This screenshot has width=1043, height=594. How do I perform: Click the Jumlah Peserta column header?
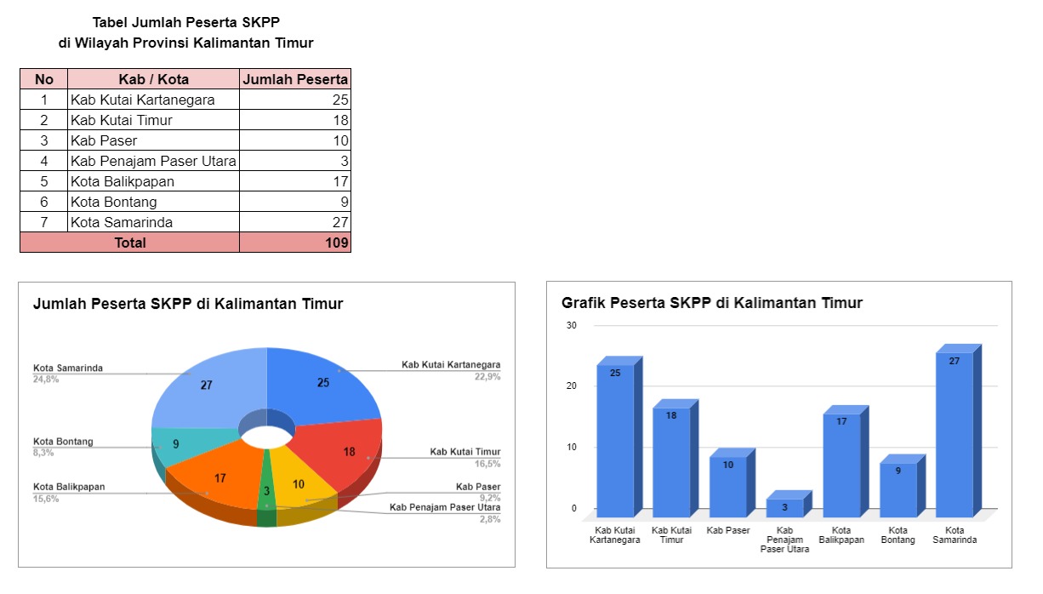coord(294,79)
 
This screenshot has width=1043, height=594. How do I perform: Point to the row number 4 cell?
coord(44,161)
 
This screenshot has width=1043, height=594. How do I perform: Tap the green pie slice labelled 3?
coord(266,494)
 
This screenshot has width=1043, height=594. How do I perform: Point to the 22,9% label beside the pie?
coord(487,376)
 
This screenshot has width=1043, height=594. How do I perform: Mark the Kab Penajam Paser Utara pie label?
coord(445,507)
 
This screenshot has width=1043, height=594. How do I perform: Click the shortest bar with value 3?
coord(784,508)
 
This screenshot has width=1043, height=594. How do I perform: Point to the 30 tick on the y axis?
coord(572,325)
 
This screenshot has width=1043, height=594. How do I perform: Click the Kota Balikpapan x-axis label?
coord(841,534)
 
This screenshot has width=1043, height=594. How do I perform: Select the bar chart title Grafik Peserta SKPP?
coord(711,303)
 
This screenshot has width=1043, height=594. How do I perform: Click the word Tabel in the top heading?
coord(111,23)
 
